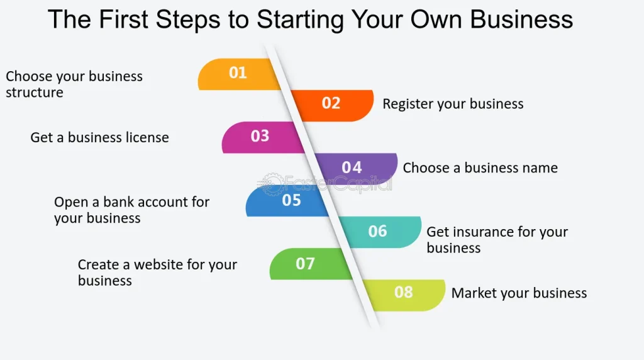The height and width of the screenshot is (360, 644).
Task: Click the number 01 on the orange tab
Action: point(238,73)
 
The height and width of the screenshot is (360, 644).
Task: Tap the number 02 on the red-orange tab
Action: point(331,103)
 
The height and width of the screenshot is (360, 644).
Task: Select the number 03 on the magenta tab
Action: point(260,136)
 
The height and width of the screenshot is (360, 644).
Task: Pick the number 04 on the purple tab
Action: point(352,167)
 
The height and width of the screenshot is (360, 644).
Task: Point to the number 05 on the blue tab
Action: point(292,200)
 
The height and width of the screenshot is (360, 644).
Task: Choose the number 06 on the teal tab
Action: point(377,231)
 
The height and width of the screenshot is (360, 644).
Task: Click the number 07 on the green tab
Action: point(305,263)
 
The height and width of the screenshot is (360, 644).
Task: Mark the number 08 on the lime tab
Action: point(404,293)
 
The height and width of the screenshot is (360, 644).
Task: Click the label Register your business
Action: point(453,104)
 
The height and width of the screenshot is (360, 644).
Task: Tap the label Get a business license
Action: point(99,137)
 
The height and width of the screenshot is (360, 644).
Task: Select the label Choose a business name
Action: point(480,168)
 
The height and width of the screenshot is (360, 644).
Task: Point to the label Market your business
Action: point(519,293)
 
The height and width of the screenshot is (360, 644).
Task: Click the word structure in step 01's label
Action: point(35,93)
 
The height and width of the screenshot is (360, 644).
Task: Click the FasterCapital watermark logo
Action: point(326,184)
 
